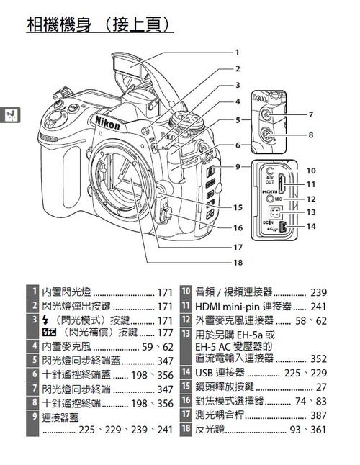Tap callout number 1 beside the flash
point(236,52)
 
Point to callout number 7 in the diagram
point(310,114)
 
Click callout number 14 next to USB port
point(310,226)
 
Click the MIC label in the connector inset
point(297,198)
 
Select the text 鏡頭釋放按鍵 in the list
point(230,387)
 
